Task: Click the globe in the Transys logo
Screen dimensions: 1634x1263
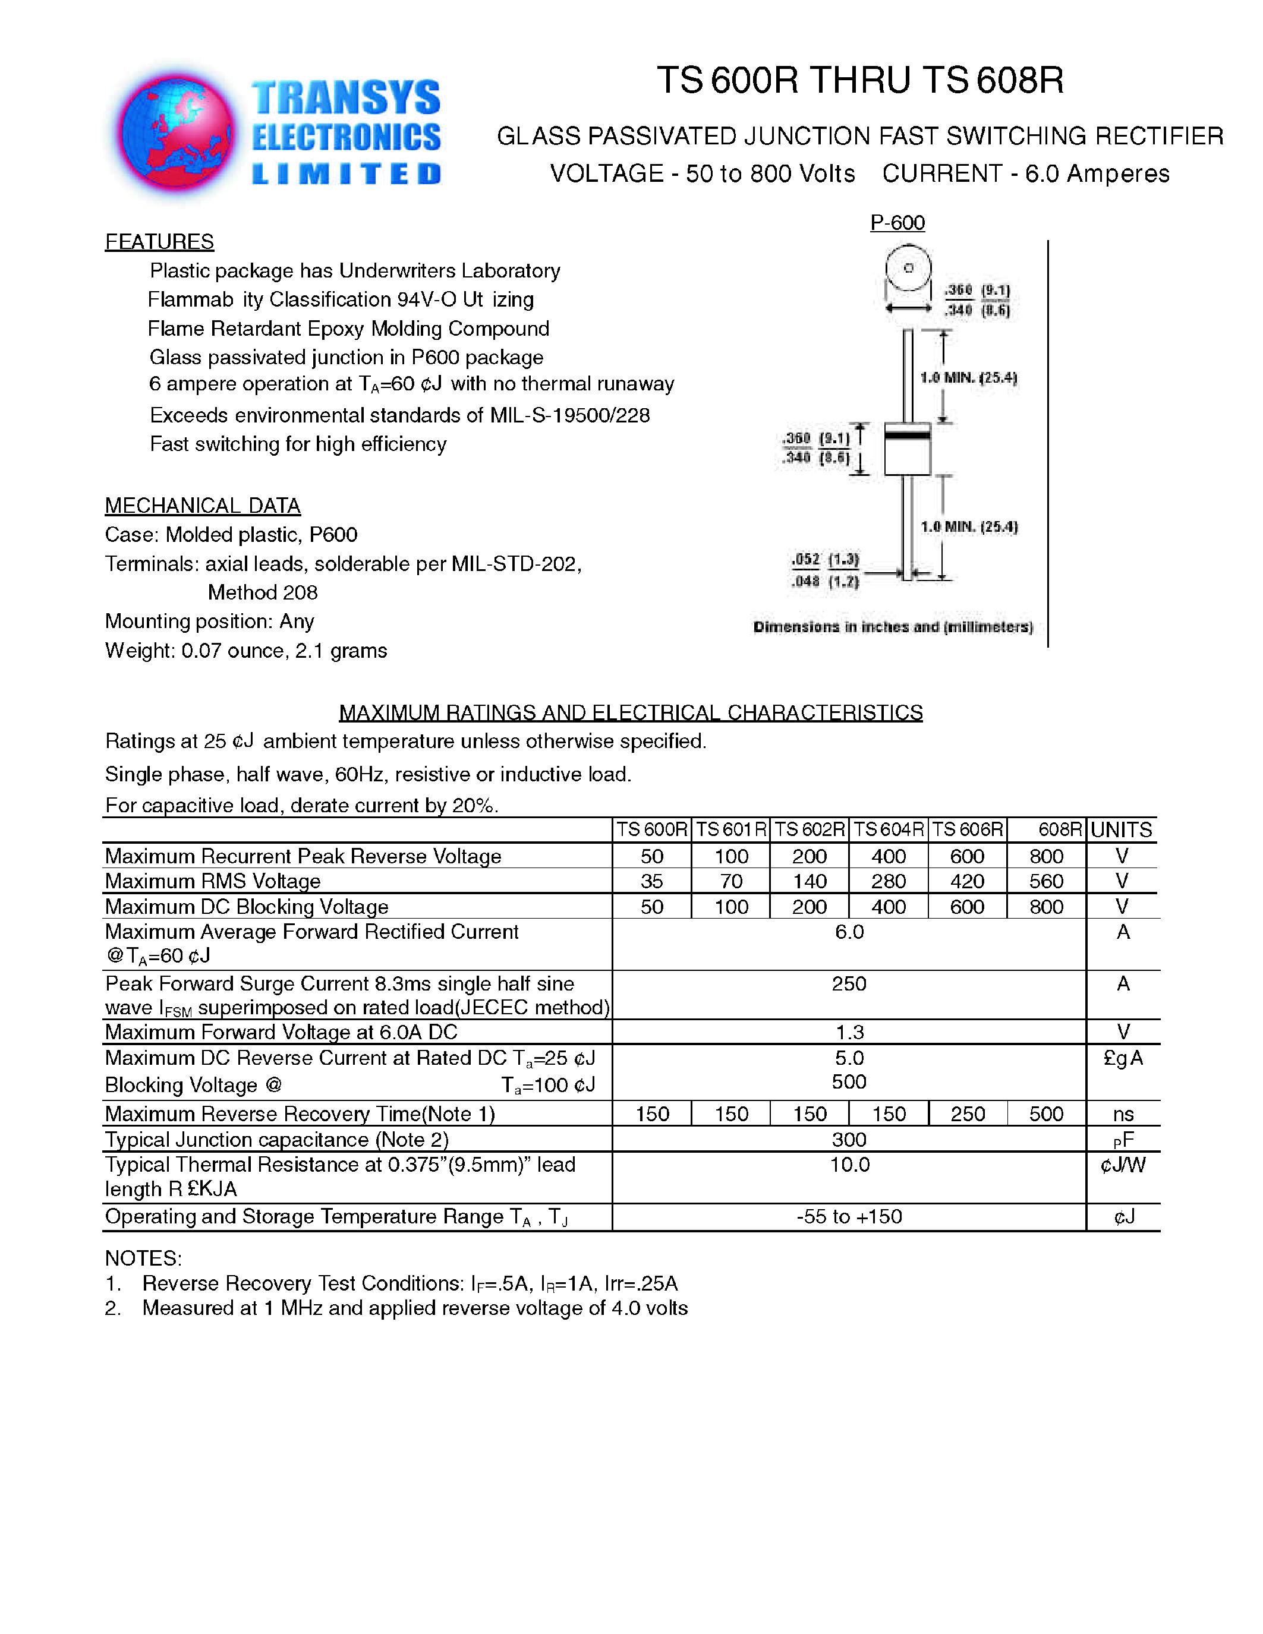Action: click(x=177, y=133)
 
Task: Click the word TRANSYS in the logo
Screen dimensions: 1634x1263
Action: click(x=346, y=98)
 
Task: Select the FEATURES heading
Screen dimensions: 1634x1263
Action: click(x=159, y=242)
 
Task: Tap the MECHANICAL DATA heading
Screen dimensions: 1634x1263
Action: click(x=203, y=506)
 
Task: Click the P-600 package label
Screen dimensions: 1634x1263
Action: click(x=897, y=223)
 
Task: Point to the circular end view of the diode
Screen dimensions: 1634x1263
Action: click(x=908, y=268)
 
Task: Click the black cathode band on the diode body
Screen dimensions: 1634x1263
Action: click(x=908, y=434)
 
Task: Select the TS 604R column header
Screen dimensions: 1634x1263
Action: click(x=889, y=829)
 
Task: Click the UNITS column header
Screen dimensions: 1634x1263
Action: click(x=1121, y=829)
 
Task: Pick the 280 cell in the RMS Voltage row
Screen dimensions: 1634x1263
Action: click(x=889, y=881)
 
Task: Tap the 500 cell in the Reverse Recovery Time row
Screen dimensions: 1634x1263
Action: click(x=1046, y=1114)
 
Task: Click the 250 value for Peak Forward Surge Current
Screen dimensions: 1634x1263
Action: click(x=849, y=984)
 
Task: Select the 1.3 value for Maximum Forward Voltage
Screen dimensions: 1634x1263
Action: click(x=849, y=1033)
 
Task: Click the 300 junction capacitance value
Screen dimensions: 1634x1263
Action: click(x=849, y=1140)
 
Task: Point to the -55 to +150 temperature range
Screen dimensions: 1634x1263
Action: click(x=849, y=1216)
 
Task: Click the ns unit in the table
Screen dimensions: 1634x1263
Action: click(x=1123, y=1114)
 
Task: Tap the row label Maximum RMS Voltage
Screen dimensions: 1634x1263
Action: click(x=213, y=881)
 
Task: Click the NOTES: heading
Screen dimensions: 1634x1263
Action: click(x=143, y=1258)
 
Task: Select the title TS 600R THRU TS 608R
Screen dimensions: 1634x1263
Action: click(x=859, y=80)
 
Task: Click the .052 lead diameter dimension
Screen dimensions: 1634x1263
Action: click(x=806, y=560)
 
